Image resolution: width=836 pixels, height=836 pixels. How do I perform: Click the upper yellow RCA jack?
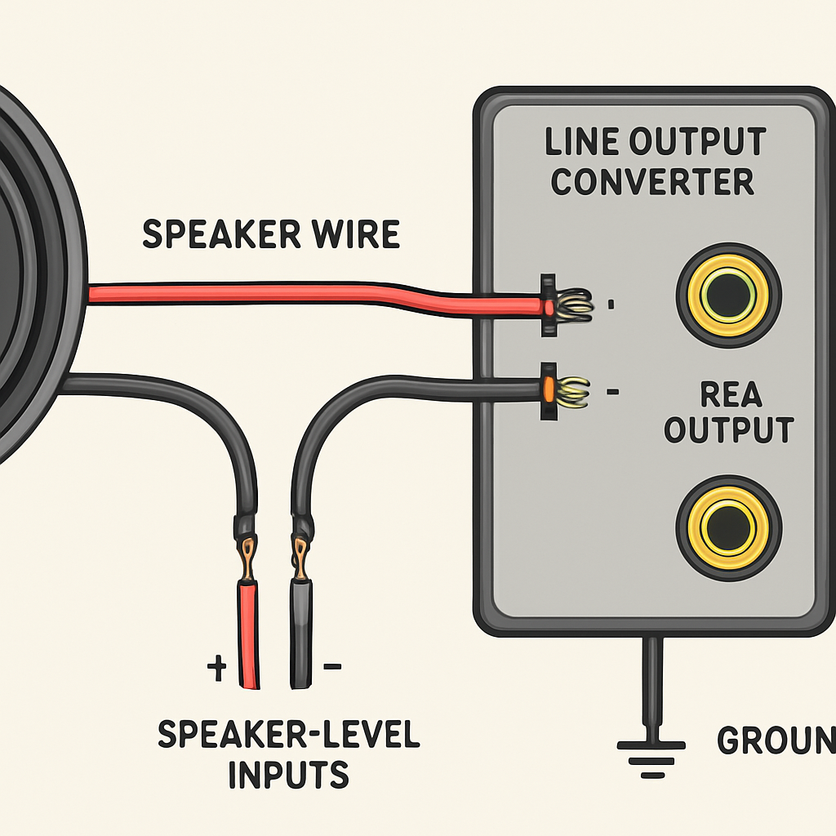pyautogui.click(x=728, y=295)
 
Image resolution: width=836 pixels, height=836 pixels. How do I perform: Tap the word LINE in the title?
pyautogui.click(x=581, y=142)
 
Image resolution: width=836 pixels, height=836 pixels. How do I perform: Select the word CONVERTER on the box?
pyautogui.click(x=652, y=180)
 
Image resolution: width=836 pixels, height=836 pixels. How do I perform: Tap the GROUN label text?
pyautogui.click(x=776, y=740)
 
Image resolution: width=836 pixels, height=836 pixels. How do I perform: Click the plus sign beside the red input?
pyautogui.click(x=216, y=669)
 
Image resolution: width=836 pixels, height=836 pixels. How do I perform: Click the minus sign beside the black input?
pyautogui.click(x=332, y=667)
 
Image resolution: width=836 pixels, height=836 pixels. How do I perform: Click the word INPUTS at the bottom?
pyautogui.click(x=288, y=773)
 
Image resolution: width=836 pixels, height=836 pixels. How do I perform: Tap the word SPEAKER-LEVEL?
pyautogui.click(x=288, y=735)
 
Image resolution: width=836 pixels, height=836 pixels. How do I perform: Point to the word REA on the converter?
pyautogui.click(x=731, y=395)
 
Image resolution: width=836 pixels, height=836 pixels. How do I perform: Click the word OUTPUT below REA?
pyautogui.click(x=728, y=429)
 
